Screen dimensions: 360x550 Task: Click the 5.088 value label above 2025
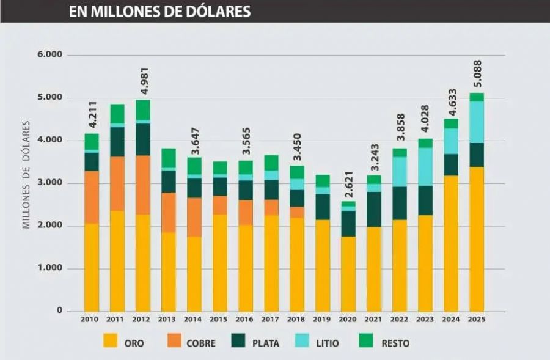tap(477, 74)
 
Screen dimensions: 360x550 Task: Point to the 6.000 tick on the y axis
tap(50, 55)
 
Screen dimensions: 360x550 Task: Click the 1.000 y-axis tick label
tap(50, 269)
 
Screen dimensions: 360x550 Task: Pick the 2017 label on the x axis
tap(271, 319)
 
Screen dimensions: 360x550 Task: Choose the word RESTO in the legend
tap(396, 343)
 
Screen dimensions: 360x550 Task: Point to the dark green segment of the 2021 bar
tap(374, 209)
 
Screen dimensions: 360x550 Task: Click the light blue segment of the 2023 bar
tap(425, 166)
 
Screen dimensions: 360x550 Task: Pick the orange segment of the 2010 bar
tap(92, 197)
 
